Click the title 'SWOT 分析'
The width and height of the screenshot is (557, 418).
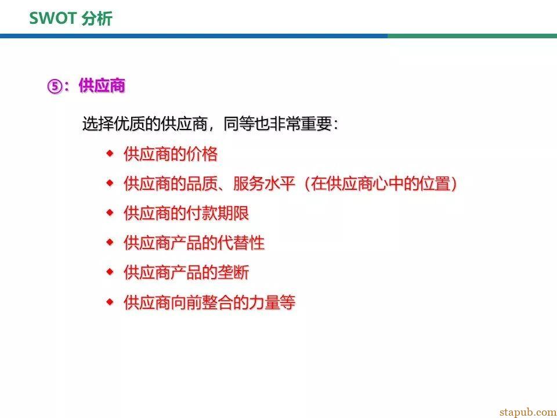coord(71,18)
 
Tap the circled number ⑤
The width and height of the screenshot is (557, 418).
coord(55,87)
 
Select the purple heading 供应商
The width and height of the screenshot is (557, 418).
coord(102,86)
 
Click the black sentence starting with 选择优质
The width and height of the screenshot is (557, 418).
coord(210,124)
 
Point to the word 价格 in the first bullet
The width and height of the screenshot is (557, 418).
coord(202,154)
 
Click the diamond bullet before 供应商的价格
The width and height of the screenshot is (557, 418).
coord(110,153)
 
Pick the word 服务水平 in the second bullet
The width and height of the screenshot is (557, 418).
coord(265,183)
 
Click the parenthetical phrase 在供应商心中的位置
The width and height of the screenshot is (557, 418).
coord(381,183)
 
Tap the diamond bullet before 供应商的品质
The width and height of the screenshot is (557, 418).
coord(110,183)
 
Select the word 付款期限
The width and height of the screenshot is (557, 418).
coord(218,213)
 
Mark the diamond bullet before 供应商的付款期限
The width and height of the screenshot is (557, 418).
coord(110,213)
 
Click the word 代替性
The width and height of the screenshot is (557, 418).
coord(241,243)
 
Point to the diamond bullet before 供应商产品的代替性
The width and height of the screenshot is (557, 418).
coord(110,243)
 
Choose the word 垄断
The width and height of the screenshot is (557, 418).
coord(233,273)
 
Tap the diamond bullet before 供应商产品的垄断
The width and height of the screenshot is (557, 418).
coord(110,272)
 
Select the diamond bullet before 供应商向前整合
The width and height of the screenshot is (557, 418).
coord(110,302)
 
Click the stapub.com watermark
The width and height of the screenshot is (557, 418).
coord(528,412)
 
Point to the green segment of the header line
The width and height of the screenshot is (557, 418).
coord(472,36)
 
